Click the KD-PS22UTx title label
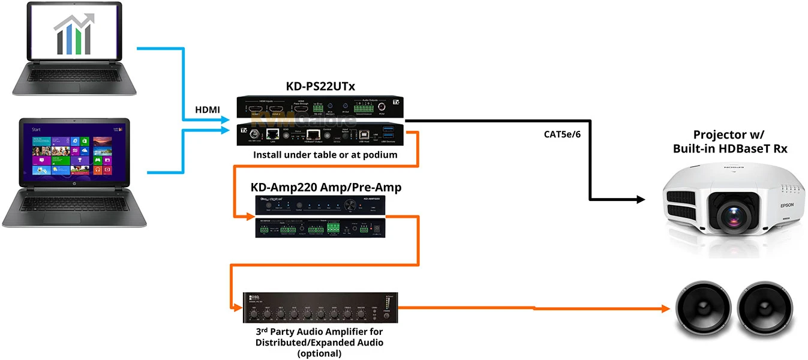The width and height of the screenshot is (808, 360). (x=320, y=87)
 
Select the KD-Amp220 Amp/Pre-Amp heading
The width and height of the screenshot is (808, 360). (x=326, y=188)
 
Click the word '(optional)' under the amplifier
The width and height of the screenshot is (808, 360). (x=319, y=353)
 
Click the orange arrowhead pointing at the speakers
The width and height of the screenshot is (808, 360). (x=664, y=309)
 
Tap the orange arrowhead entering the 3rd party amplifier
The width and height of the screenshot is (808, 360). (x=238, y=309)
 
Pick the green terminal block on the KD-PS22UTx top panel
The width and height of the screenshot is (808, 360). (x=364, y=108)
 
